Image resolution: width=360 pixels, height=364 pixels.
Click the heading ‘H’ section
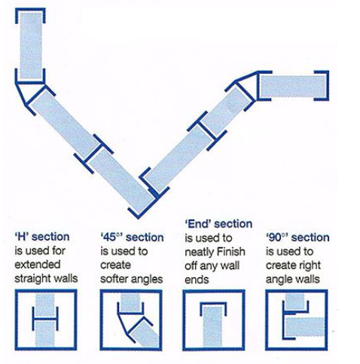(42, 237)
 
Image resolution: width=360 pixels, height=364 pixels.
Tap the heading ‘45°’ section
(132, 237)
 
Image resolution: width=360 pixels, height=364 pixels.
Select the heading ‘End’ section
(218, 224)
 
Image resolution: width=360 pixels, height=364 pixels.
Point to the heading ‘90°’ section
(297, 237)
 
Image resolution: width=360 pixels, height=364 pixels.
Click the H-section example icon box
(46, 320)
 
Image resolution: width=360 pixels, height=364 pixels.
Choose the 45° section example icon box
(131, 320)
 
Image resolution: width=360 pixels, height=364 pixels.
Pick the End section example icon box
(214, 320)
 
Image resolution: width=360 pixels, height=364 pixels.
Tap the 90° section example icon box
(297, 320)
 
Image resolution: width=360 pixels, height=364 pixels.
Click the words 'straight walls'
(46, 278)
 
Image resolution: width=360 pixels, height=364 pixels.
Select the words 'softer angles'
(132, 279)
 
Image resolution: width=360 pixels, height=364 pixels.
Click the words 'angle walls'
(293, 280)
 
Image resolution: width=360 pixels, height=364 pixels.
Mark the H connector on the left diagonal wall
(93, 154)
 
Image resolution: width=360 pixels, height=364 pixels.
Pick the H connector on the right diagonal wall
(207, 131)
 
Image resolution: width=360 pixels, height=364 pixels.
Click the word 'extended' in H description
(38, 265)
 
